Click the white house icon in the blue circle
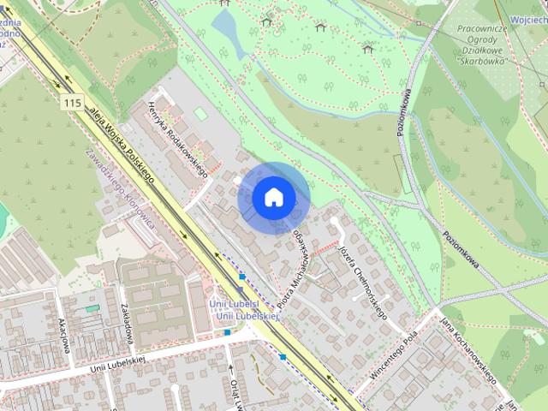point(273,198)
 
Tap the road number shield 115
point(73,103)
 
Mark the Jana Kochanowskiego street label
point(469,348)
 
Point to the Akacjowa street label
point(62,333)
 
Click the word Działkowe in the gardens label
point(480,51)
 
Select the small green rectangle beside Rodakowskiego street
point(200,113)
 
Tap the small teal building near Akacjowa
point(92,307)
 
